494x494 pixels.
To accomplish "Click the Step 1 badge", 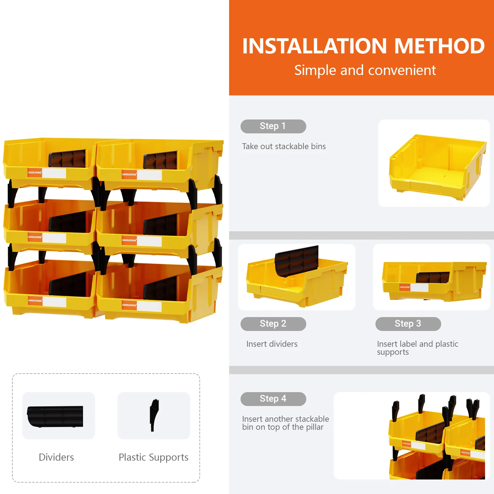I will pyautogui.click(x=273, y=126).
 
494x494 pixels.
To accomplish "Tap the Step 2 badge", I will pyautogui.click(x=273, y=324).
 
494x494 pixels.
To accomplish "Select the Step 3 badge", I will pyautogui.click(x=408, y=324).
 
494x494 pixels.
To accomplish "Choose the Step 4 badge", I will pyautogui.click(x=273, y=399).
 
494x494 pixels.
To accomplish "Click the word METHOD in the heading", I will pyautogui.click(x=439, y=46).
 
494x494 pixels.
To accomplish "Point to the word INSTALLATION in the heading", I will pyautogui.click(x=314, y=46).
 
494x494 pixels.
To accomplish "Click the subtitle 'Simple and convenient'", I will pyautogui.click(x=365, y=70).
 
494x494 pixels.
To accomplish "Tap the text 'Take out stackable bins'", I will pyautogui.click(x=284, y=146).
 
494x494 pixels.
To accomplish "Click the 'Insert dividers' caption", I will pyautogui.click(x=272, y=344).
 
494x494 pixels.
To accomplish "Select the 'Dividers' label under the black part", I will pyautogui.click(x=56, y=457).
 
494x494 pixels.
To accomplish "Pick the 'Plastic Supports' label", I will pyautogui.click(x=153, y=457).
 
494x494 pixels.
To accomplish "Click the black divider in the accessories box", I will pyautogui.click(x=55, y=417).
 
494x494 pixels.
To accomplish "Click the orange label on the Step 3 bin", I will pyautogui.click(x=405, y=287).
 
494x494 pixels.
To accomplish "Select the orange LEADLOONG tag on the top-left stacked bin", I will pyautogui.click(x=35, y=173).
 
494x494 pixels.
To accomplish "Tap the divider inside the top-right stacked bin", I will pyautogui.click(x=161, y=160).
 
